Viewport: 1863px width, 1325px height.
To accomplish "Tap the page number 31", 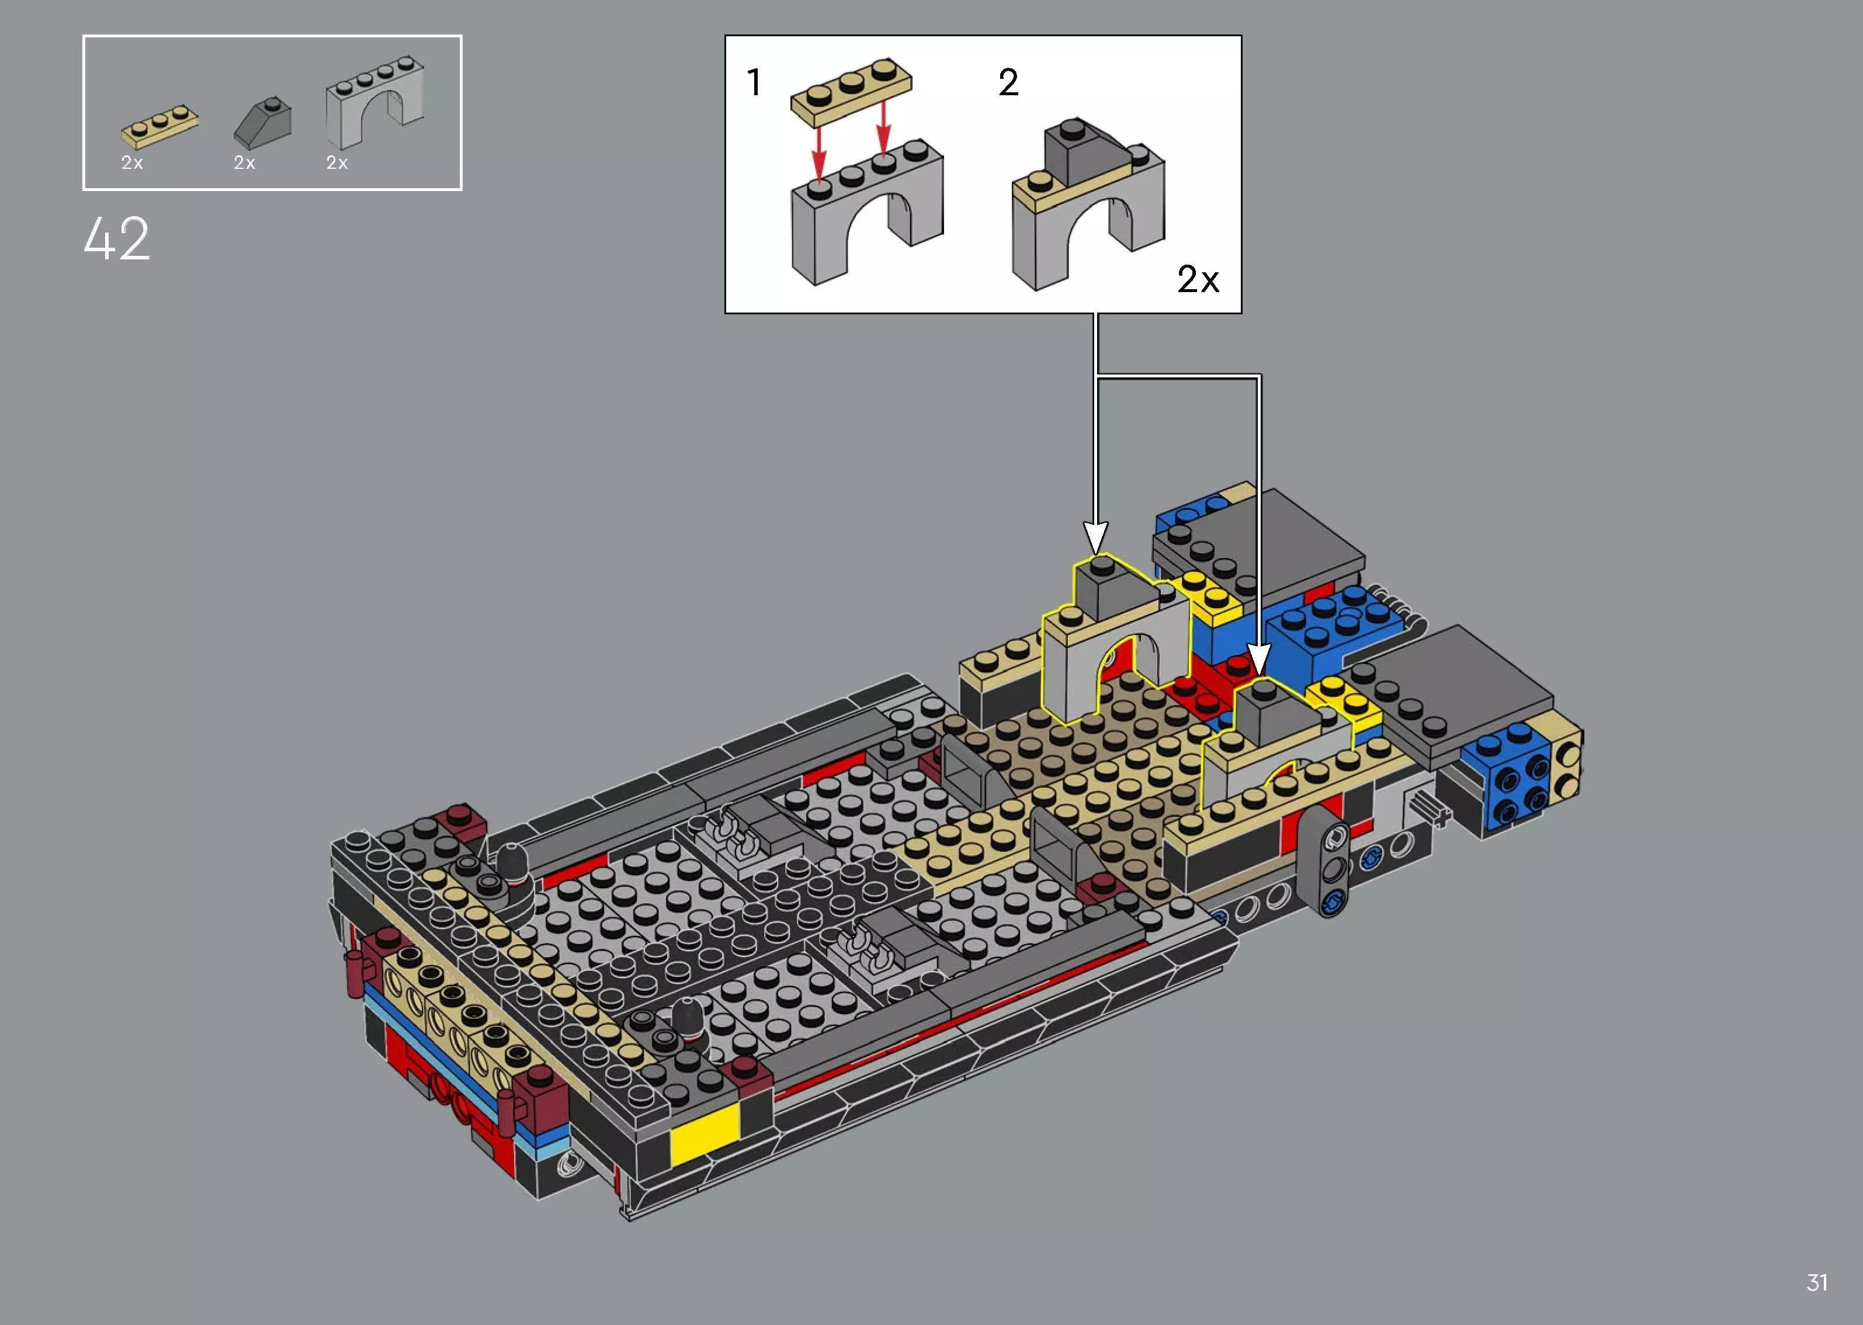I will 1816,1282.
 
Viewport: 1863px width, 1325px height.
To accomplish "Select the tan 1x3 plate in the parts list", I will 161,126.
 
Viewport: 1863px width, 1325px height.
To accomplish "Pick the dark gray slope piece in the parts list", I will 263,121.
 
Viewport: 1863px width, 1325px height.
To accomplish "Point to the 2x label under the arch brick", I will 337,163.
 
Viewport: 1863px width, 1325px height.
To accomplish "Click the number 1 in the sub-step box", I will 755,82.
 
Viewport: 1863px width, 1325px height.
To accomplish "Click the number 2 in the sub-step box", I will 1008,82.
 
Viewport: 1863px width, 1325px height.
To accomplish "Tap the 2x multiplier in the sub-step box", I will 1198,280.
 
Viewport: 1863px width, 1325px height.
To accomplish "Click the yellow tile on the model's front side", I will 704,1134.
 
